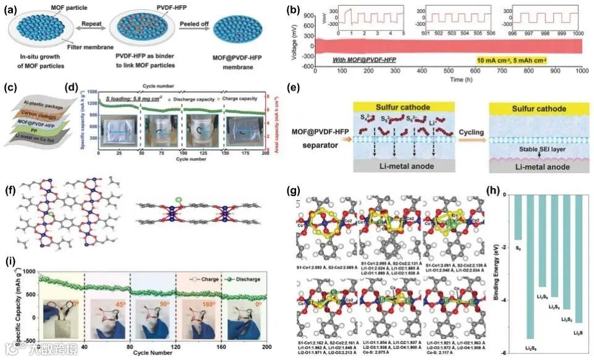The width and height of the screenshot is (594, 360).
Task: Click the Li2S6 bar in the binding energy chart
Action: click(529, 266)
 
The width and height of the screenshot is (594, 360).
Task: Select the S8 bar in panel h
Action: click(518, 217)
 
